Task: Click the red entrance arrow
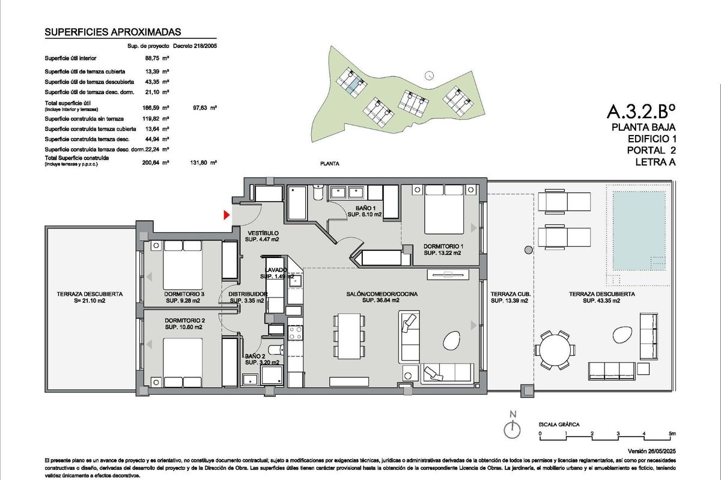227,215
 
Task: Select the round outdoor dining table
556,349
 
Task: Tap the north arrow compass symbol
512,430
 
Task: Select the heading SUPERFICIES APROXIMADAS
113,33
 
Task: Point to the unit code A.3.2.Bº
642,112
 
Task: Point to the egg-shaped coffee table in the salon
451,343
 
